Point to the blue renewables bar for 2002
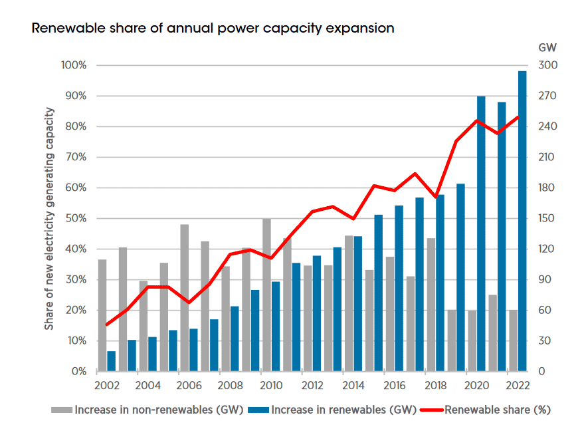point(112,361)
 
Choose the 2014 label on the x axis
point(353,386)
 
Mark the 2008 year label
point(230,386)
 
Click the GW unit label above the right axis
point(547,48)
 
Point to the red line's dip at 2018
point(435,198)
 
